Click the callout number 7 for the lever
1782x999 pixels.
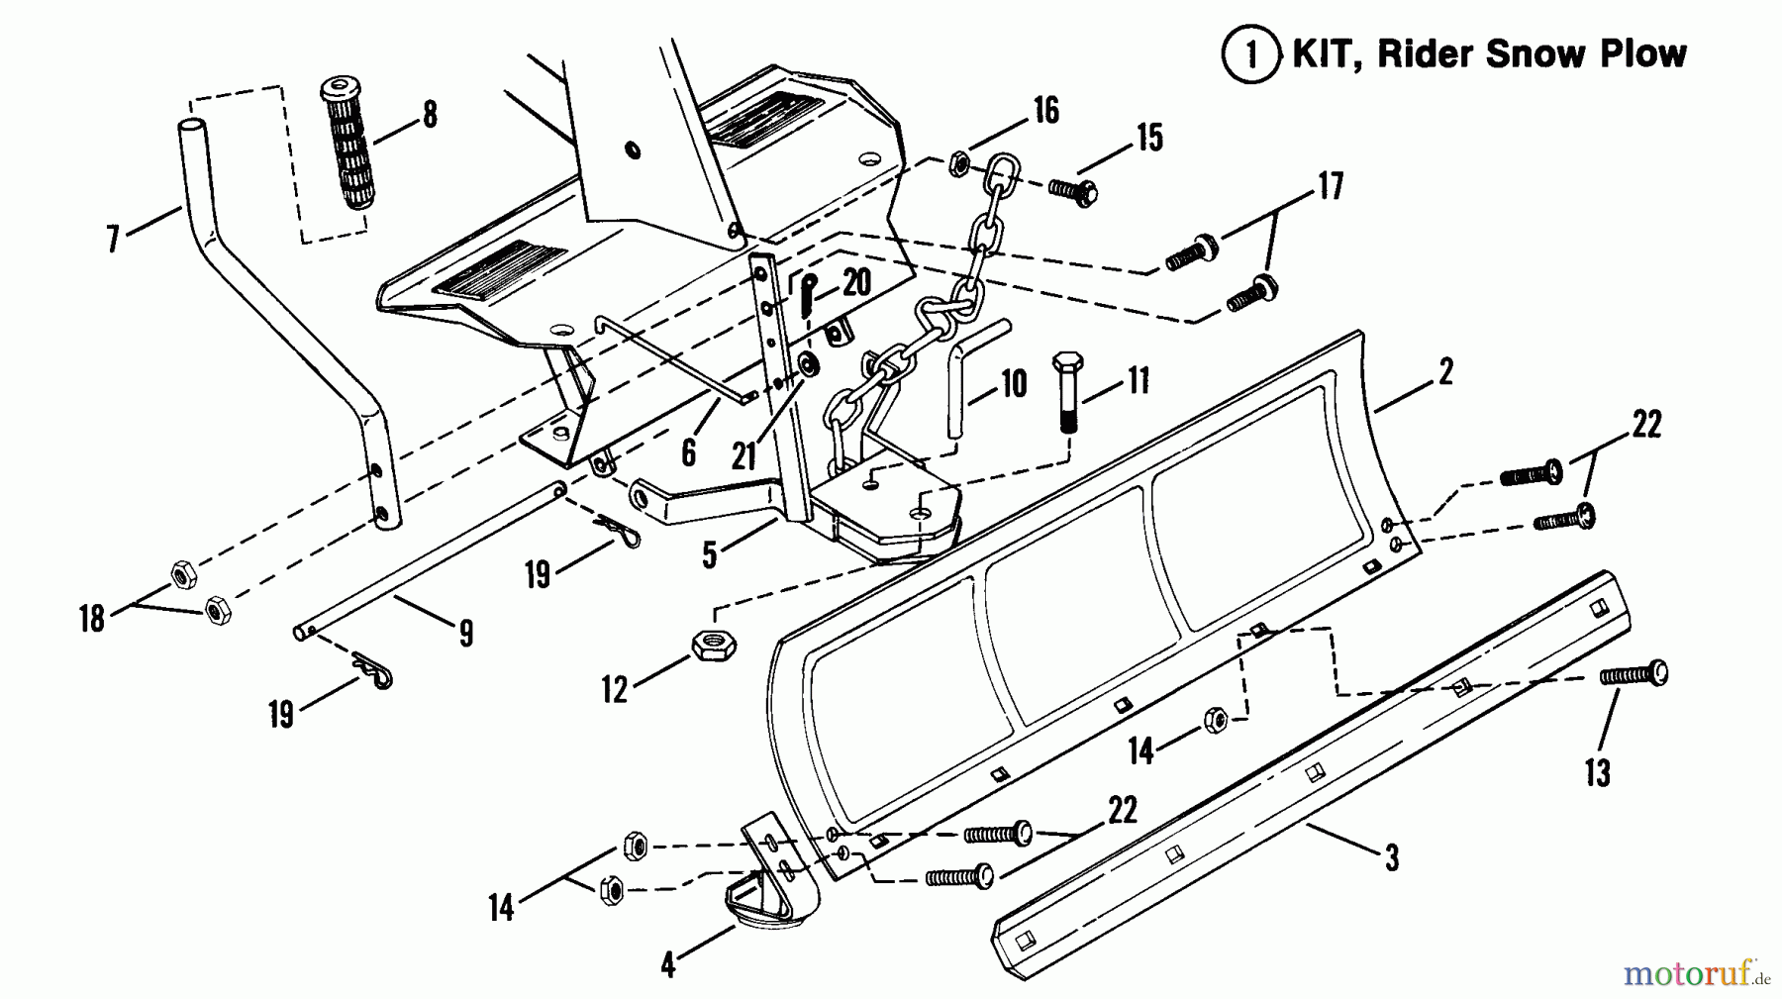[112, 239]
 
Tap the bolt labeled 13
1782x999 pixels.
[1634, 674]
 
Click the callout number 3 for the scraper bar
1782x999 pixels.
[1391, 857]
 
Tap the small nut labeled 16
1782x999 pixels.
[957, 163]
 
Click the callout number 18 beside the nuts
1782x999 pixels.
[92, 620]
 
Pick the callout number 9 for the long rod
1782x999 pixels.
[465, 633]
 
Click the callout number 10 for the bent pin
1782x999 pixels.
[1014, 384]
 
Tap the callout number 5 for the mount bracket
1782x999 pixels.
[709, 555]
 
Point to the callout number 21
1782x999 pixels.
[743, 455]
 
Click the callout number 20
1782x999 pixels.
[856, 284]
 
